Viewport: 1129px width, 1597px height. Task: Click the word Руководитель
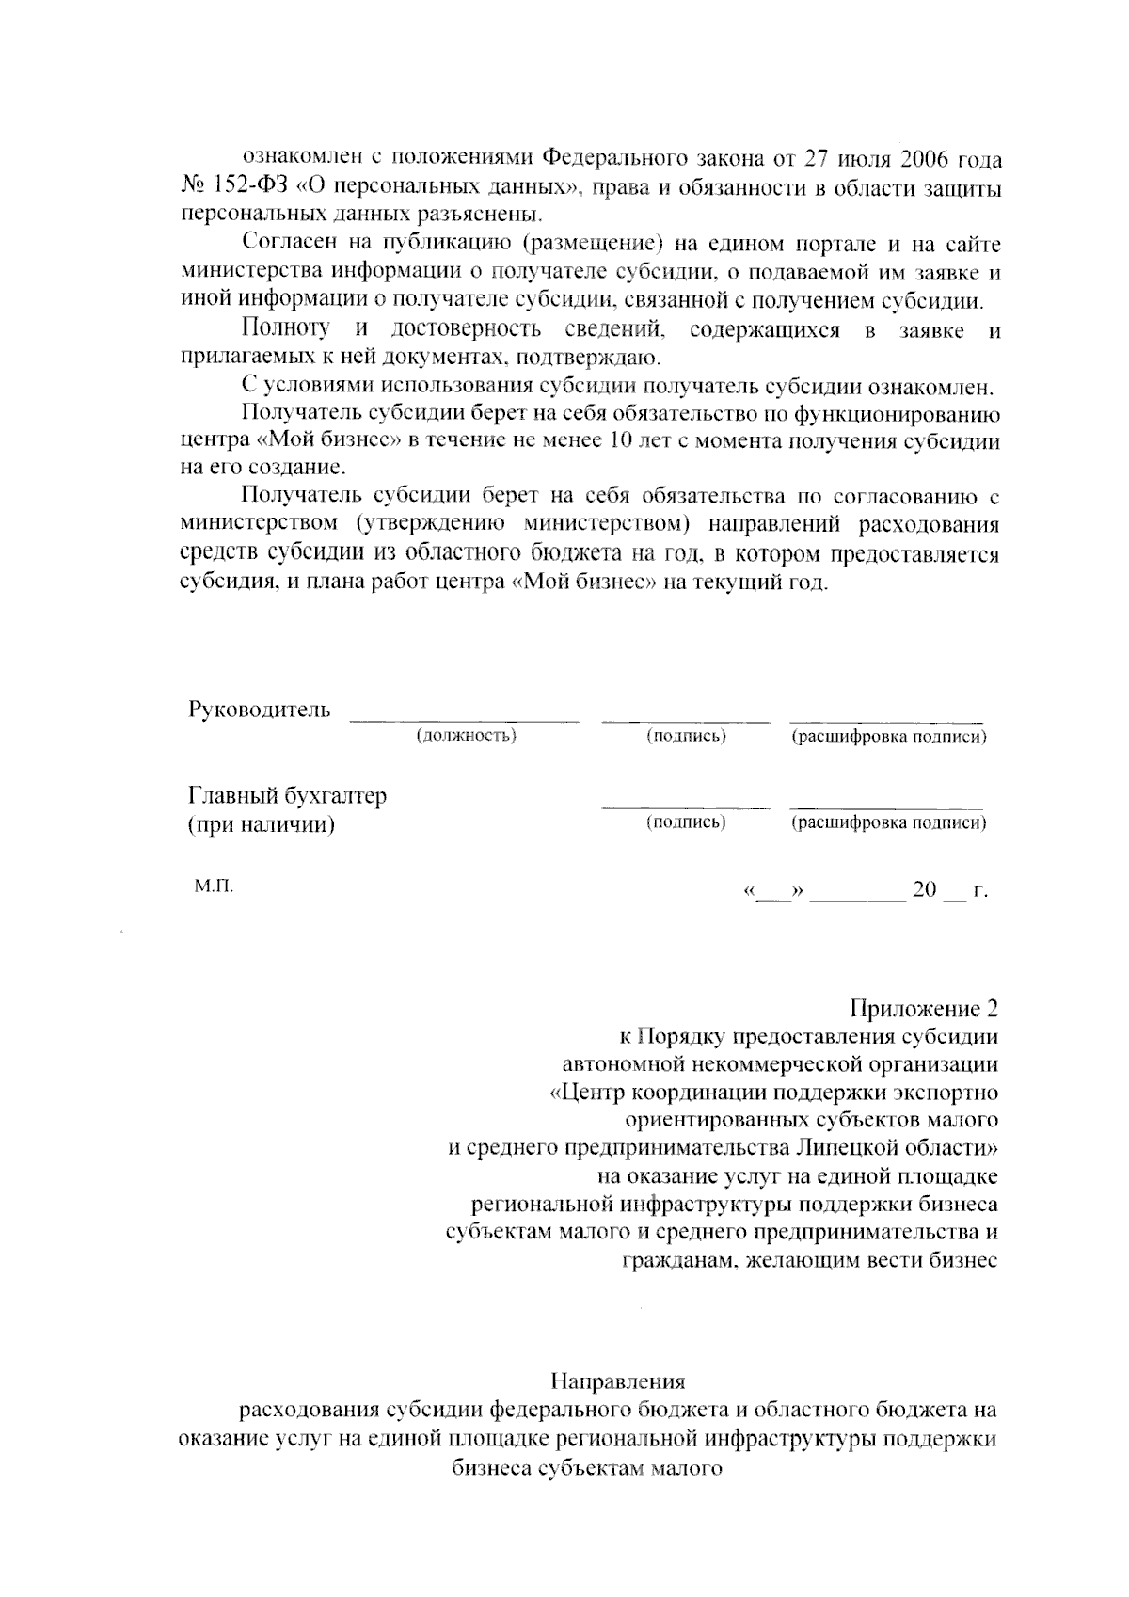coord(260,710)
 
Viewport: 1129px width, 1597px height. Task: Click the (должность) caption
coord(467,736)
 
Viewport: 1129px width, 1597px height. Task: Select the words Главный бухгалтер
coord(288,796)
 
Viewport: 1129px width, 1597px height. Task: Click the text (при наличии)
coord(262,825)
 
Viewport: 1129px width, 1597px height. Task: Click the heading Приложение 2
coord(923,1009)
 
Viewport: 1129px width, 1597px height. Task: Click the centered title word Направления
coord(617,1381)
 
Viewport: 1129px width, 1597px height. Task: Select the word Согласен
coord(286,245)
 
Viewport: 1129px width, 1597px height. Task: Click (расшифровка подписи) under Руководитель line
coord(888,736)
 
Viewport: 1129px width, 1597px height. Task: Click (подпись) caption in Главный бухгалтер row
coord(686,822)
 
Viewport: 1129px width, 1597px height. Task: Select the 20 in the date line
coord(924,890)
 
